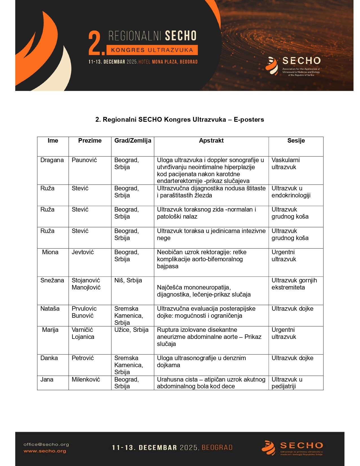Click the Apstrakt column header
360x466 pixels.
[x=211, y=141]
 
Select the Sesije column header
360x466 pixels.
[x=296, y=141]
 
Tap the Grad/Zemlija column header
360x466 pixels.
[x=133, y=141]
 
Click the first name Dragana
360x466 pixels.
[x=52, y=160]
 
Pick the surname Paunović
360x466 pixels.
[x=84, y=160]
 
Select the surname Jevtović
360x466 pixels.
[x=83, y=252]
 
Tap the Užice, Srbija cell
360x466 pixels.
[x=131, y=330]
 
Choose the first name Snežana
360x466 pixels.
[x=52, y=280]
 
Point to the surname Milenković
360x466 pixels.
[x=86, y=380]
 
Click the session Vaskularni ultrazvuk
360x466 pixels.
[x=285, y=164]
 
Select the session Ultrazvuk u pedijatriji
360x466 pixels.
[x=287, y=383]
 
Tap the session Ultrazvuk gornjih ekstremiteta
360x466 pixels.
[x=294, y=284]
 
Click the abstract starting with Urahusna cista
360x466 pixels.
[x=211, y=383]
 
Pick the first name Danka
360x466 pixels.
[x=49, y=358]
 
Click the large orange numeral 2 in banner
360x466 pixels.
[x=95, y=43]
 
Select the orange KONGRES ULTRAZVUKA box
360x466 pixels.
[x=152, y=50]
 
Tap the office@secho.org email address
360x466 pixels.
[x=46, y=444]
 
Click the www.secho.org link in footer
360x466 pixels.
[x=45, y=451]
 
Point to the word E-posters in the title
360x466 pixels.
[x=249, y=119]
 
